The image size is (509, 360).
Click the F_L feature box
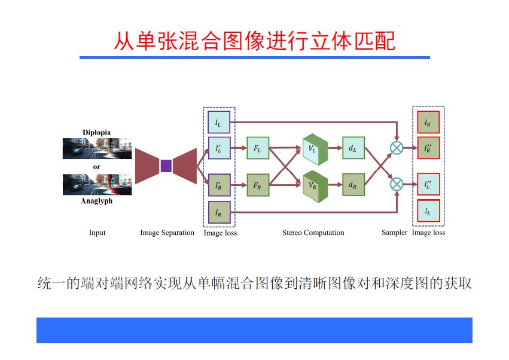click(x=258, y=148)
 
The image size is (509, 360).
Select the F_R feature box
click(x=258, y=186)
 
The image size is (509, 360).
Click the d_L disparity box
click(x=353, y=148)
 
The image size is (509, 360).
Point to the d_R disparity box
click(x=353, y=186)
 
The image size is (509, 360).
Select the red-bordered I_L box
click(x=428, y=211)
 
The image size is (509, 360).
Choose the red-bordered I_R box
click(x=428, y=123)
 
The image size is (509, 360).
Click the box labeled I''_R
click(x=428, y=148)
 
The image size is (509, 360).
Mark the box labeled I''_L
click(x=428, y=186)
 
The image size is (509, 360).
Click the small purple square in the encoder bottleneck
click(x=166, y=166)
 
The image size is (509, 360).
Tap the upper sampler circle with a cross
click(x=397, y=148)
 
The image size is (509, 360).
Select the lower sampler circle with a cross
click(x=397, y=184)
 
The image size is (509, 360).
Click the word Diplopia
click(x=97, y=132)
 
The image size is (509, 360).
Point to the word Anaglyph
click(x=97, y=202)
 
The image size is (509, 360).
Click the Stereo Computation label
click(x=313, y=233)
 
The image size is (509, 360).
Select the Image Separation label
click(x=167, y=233)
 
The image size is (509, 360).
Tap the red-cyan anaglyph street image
click(x=97, y=184)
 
